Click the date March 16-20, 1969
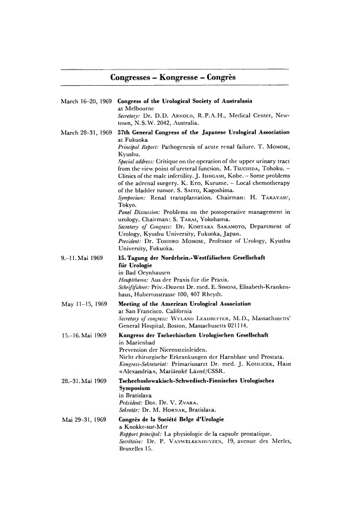click(x=85, y=101)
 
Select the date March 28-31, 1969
click(x=85, y=132)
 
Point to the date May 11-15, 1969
click(x=84, y=304)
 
